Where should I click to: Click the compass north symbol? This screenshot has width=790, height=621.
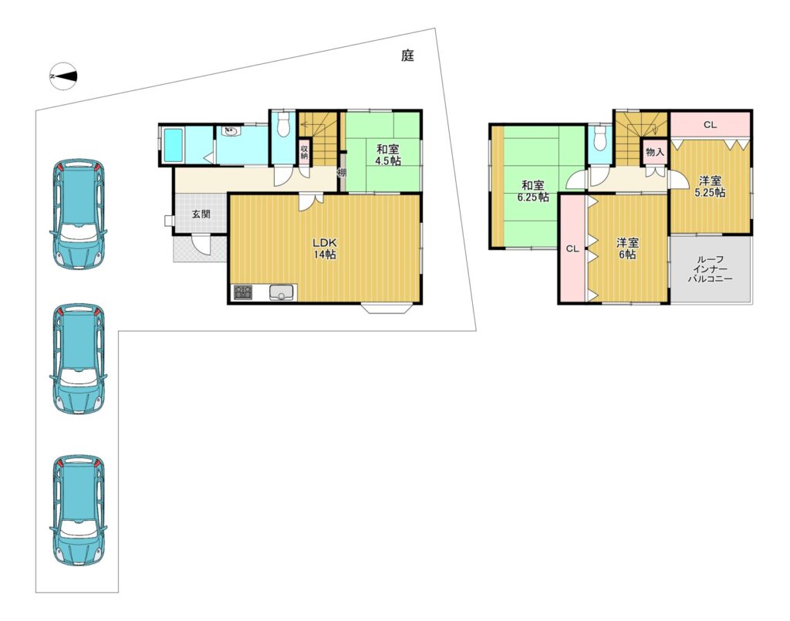pyautogui.click(x=63, y=76)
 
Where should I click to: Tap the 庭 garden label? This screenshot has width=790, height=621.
pyautogui.click(x=407, y=56)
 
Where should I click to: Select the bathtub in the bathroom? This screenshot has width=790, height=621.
pyautogui.click(x=173, y=145)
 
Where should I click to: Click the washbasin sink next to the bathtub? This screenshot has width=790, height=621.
pyautogui.click(x=231, y=132)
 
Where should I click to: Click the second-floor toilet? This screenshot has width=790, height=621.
pyautogui.click(x=599, y=138)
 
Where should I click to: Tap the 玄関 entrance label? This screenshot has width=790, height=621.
pyautogui.click(x=201, y=214)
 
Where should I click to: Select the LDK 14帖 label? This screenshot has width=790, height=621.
pyautogui.click(x=325, y=248)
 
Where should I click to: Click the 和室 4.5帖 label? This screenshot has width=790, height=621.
pyautogui.click(x=387, y=155)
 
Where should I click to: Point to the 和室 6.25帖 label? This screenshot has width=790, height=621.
pyautogui.click(x=533, y=191)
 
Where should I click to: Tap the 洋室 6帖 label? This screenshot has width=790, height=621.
pyautogui.click(x=627, y=249)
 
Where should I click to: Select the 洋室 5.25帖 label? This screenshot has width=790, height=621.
pyautogui.click(x=710, y=187)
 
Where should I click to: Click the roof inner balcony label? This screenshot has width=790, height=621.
pyautogui.click(x=711, y=269)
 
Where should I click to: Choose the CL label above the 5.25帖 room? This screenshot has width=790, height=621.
pyautogui.click(x=710, y=124)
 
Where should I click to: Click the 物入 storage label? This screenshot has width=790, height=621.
pyautogui.click(x=654, y=151)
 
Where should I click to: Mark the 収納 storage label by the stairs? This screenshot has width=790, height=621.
pyautogui.click(x=304, y=152)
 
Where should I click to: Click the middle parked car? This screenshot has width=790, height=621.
pyautogui.click(x=79, y=359)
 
